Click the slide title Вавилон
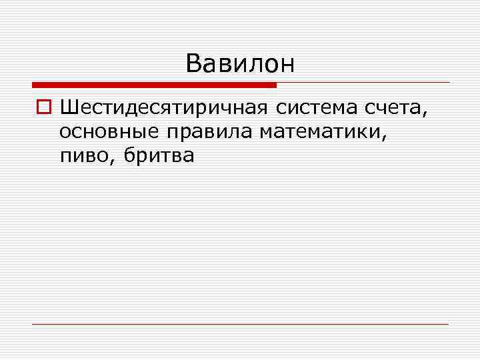(240, 63)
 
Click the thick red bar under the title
(154, 85)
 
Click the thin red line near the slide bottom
(240, 325)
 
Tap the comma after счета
(423, 112)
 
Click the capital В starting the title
(193, 63)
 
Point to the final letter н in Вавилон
(287, 65)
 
